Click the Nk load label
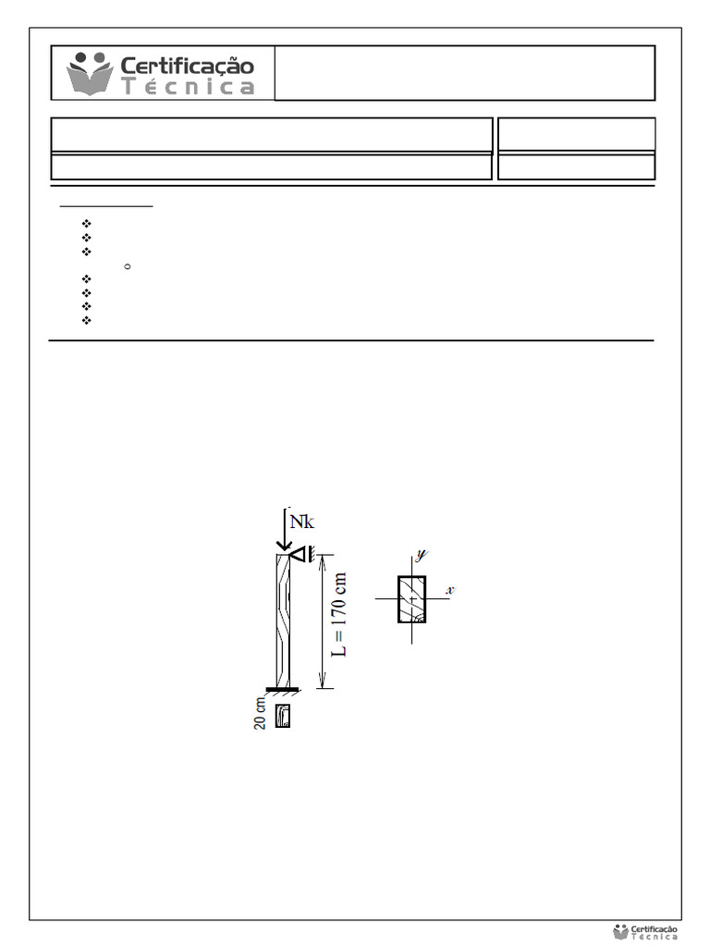click(x=302, y=522)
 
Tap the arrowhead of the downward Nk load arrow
click(x=284, y=546)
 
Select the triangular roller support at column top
click(x=298, y=554)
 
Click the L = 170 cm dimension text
click(x=340, y=615)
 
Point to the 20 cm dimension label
click(x=260, y=714)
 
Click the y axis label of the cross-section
click(x=421, y=555)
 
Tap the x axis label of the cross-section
click(x=450, y=590)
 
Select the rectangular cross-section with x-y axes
click(x=411, y=599)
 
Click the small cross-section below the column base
click(x=283, y=716)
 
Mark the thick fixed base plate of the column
click(x=282, y=689)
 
